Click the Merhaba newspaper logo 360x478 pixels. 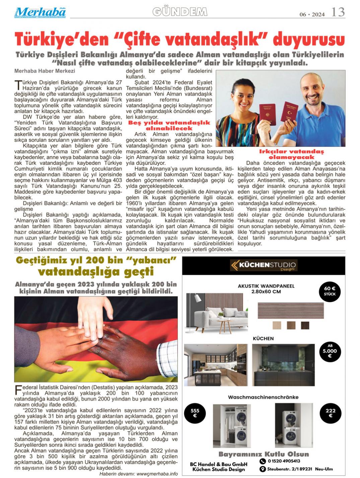(40, 12)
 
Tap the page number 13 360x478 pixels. (338, 12)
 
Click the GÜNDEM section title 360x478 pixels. (180, 12)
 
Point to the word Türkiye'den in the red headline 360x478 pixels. (62, 40)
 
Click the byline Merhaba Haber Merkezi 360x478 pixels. (45, 71)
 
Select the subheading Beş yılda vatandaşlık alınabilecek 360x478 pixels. (169, 125)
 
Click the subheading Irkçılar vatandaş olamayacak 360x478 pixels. (291, 154)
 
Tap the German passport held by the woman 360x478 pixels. (267, 114)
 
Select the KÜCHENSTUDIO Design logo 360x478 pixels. (263, 265)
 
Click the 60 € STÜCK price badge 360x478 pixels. (330, 291)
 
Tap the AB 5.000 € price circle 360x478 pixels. (330, 351)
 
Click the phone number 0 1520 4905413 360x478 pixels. (284, 461)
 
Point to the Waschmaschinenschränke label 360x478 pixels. (263, 397)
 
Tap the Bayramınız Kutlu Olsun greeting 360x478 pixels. (264, 454)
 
